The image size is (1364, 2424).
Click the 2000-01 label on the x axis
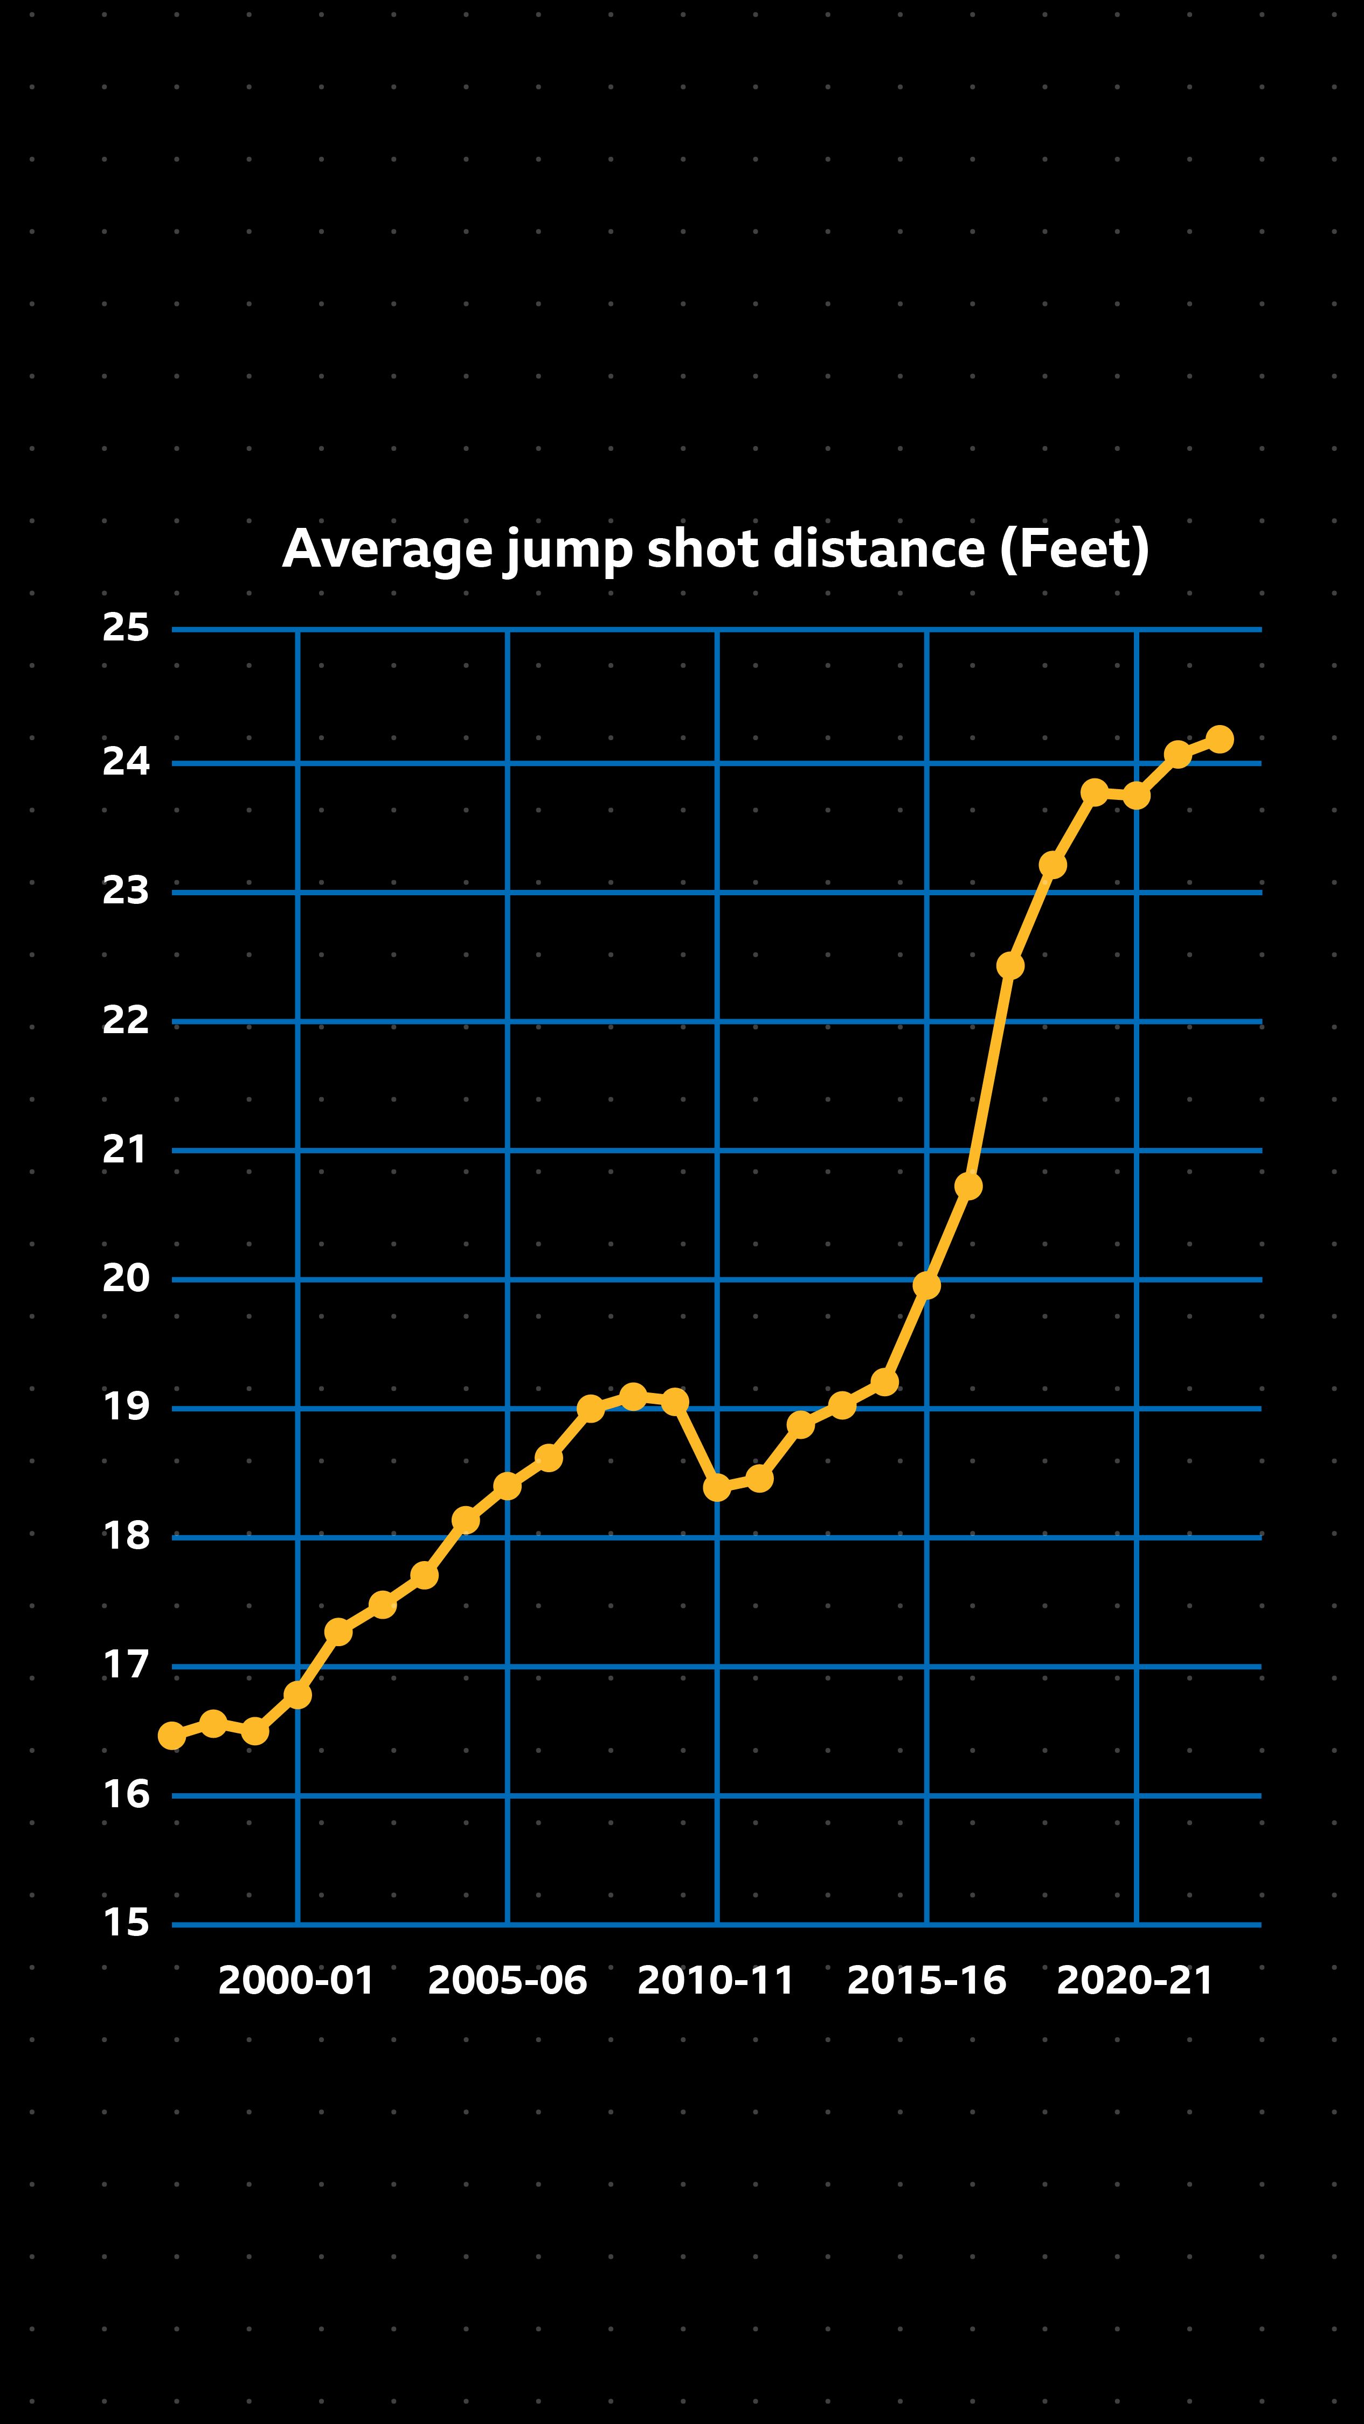click(x=296, y=1981)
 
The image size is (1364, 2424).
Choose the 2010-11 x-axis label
click(x=716, y=1981)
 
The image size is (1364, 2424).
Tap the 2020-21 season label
click(x=1135, y=1981)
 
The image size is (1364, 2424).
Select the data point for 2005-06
click(x=507, y=1486)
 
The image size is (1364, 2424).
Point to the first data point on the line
click(x=171, y=1735)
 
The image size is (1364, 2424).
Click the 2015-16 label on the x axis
click(x=926, y=1981)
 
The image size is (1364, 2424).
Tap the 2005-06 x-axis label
click(x=507, y=1981)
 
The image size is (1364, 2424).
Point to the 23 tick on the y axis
click(x=126, y=890)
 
